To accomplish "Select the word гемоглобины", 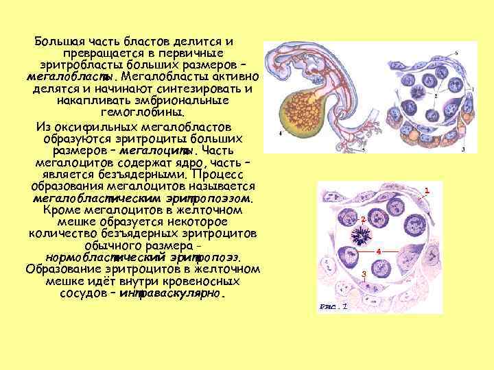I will pyautogui.click(x=143, y=113).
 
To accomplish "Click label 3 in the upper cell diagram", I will pyautogui.click(x=464, y=149).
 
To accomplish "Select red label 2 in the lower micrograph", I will pyautogui.click(x=362, y=219).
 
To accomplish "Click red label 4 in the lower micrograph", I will pyautogui.click(x=379, y=251).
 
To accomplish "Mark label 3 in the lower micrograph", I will pyautogui.click(x=364, y=274).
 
